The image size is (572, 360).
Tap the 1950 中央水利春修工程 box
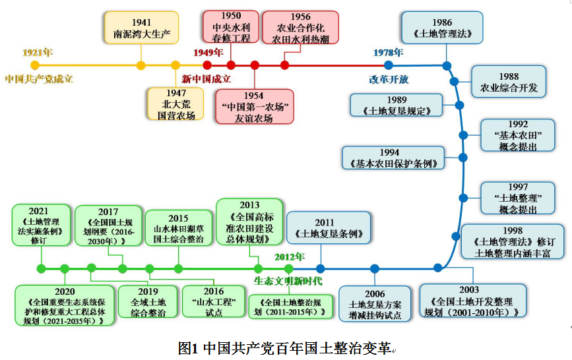click(231, 27)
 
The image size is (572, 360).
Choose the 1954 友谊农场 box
click(254, 107)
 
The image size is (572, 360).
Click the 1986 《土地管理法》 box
click(442, 28)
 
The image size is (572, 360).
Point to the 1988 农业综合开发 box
click(509, 82)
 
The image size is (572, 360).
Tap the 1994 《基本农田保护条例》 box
click(393, 158)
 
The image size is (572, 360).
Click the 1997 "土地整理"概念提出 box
click(519, 198)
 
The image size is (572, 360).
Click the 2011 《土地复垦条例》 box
click(329, 228)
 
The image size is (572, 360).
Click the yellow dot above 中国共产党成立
click(35, 65)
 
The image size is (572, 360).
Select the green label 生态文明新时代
click(288, 282)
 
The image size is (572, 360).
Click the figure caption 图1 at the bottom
click(285, 347)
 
